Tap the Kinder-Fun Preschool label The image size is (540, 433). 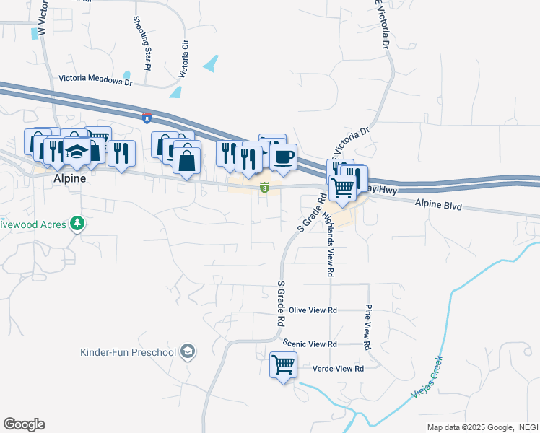(x=128, y=352)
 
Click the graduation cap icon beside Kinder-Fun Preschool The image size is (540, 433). (x=188, y=351)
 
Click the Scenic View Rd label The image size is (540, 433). (x=310, y=344)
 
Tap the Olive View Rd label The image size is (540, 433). (x=313, y=310)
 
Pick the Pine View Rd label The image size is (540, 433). (x=367, y=327)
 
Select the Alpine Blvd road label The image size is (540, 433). (x=437, y=206)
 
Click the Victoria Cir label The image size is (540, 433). (x=184, y=58)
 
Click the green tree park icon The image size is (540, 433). (x=77, y=224)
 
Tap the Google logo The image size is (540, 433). (x=24, y=424)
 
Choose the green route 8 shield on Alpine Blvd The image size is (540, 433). (x=265, y=189)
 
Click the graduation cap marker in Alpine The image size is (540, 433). (x=77, y=152)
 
